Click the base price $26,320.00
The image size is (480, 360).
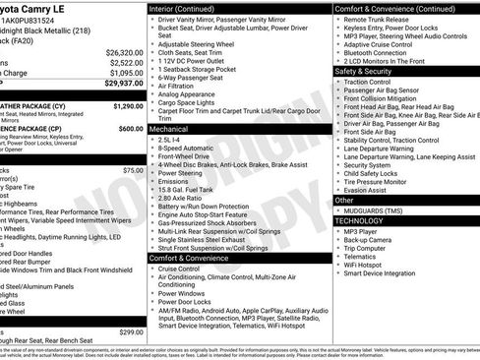[x=125, y=51]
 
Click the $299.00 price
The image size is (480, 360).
[x=131, y=331]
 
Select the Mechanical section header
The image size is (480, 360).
[x=169, y=128]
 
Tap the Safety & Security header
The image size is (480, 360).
[x=365, y=71]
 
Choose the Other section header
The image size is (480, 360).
[x=344, y=200]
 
